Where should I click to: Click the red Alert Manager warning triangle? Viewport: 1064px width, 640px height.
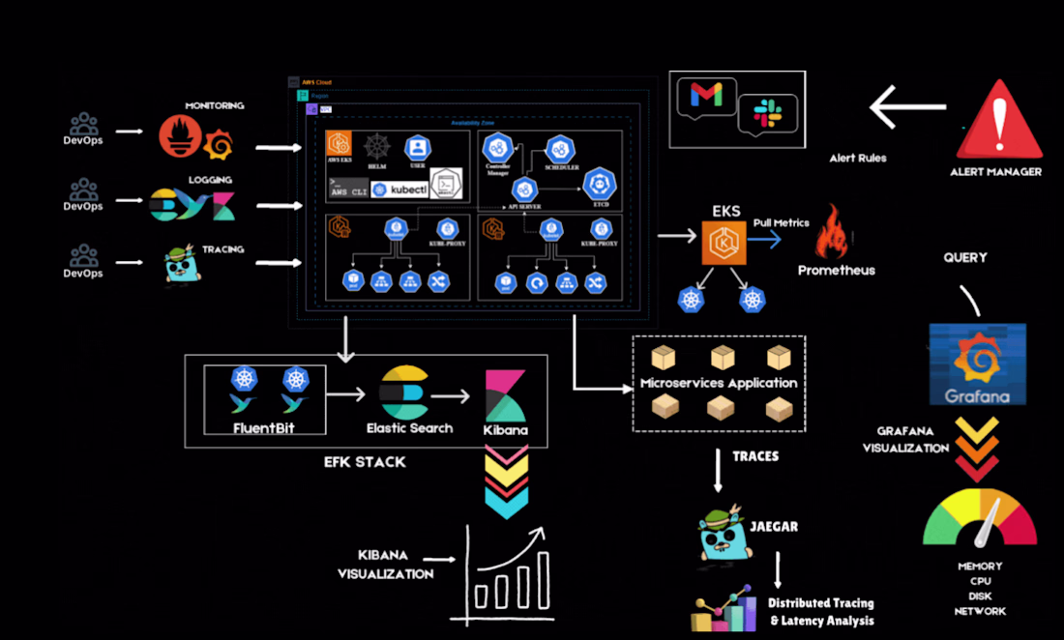coord(999,122)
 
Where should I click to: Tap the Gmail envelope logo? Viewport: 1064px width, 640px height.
coord(706,95)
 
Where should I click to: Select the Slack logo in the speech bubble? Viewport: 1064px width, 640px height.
coord(767,111)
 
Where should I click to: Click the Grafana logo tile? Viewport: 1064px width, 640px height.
coord(977,364)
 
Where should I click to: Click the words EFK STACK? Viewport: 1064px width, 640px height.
coord(365,462)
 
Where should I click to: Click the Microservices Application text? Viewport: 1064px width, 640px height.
coord(719,383)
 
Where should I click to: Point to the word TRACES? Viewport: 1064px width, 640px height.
coord(754,455)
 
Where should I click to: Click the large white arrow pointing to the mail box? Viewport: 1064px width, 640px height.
coord(907,107)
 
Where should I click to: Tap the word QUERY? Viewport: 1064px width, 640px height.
coord(965,258)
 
